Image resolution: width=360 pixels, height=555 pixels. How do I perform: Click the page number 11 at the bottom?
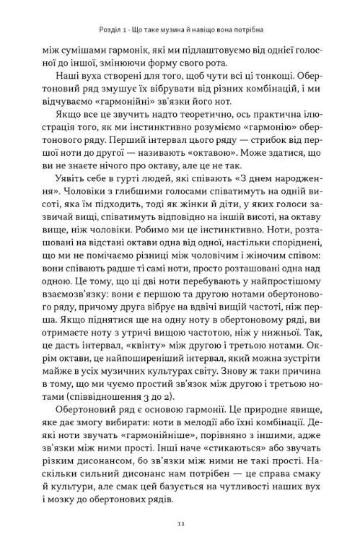tap(180, 523)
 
